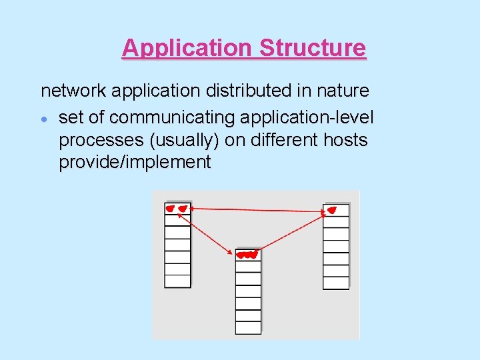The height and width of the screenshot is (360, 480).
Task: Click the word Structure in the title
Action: pos(312,48)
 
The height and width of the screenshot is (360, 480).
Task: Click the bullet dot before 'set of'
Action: pos(43,119)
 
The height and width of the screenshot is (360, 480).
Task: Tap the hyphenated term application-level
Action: pos(307,118)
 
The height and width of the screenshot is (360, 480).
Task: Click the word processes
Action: pos(95,140)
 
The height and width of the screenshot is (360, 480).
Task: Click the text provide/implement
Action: pos(135,162)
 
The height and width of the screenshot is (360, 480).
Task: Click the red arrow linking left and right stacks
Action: pos(257,211)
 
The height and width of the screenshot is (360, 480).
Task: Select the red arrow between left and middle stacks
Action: pos(212,231)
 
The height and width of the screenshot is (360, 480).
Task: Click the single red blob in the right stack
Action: pos(331,211)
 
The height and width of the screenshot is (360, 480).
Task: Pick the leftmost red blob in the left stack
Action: pos(171,209)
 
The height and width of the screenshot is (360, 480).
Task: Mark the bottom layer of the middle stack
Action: pos(249,328)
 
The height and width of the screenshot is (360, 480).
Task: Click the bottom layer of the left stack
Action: pos(177,281)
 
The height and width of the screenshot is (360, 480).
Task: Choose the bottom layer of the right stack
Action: pos(336,283)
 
